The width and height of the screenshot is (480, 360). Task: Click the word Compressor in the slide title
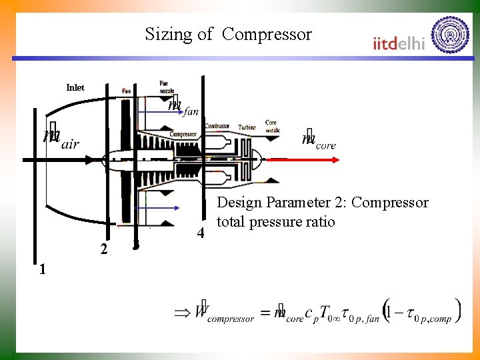pos(267,34)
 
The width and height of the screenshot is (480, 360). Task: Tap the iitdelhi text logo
pos(399,43)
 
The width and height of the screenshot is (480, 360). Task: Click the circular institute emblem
pos(450,34)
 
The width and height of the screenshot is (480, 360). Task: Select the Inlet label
pos(75,87)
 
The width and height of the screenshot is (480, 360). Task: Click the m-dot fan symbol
pos(183,107)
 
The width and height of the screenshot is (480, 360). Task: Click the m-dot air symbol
pos(61,139)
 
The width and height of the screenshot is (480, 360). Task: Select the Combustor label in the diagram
pos(217,125)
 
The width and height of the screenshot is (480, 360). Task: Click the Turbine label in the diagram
pos(247,126)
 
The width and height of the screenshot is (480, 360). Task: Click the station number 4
pos(199,233)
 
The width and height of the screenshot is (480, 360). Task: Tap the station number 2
pos(103,249)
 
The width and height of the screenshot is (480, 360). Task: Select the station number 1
pos(42,269)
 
